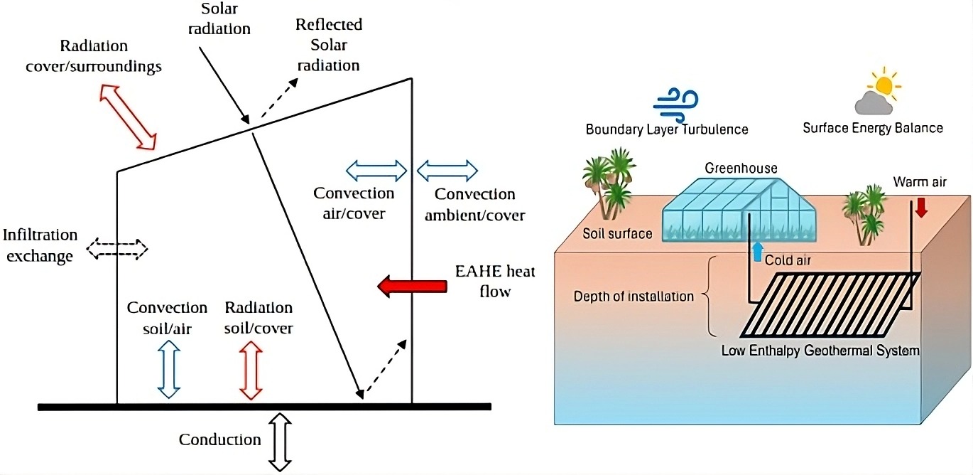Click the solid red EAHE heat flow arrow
(x=411, y=287)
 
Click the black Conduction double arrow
(x=281, y=442)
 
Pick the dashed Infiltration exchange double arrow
(x=117, y=249)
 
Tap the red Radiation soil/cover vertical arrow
(x=251, y=368)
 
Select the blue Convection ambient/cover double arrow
(x=447, y=171)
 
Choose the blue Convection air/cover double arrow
(x=376, y=171)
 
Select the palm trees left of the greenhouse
(x=607, y=181)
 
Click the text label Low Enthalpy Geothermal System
(x=820, y=351)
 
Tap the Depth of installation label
(x=633, y=296)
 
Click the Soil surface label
(x=617, y=233)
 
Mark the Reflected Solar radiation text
(x=329, y=45)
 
